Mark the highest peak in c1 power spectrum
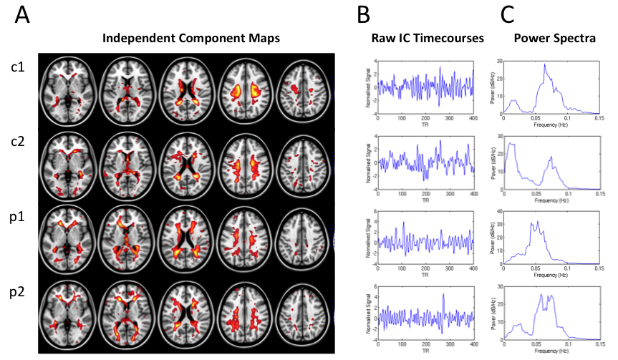545,65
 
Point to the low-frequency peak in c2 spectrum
511,145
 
